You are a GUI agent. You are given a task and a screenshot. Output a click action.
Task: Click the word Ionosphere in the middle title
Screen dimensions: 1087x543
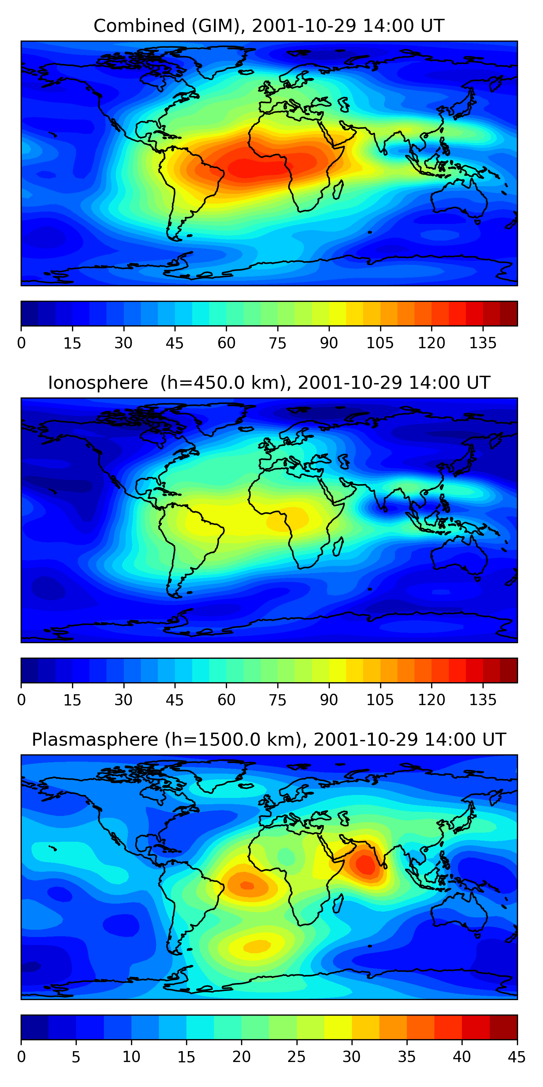(x=98, y=383)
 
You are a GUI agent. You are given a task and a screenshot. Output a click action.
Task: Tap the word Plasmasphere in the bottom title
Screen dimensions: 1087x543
(x=95, y=740)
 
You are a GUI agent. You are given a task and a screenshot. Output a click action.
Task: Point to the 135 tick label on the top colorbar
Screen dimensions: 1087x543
(x=483, y=343)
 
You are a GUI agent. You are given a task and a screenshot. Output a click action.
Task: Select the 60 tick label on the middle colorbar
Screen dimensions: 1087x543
(x=226, y=700)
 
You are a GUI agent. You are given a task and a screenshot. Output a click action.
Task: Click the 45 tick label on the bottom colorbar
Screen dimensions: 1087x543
(x=517, y=1057)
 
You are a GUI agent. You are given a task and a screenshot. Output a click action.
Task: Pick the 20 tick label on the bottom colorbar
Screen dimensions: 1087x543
(x=241, y=1057)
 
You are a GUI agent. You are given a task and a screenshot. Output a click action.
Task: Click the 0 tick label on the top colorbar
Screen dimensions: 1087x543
(x=21, y=343)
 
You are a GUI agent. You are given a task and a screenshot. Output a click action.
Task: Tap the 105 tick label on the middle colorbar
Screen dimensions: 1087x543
(x=380, y=700)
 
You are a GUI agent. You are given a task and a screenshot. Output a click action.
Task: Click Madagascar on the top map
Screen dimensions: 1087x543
(x=338, y=190)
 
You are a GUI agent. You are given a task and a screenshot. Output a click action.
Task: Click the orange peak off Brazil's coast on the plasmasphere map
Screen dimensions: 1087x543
(x=246, y=885)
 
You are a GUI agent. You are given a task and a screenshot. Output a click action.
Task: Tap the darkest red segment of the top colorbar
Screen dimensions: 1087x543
(x=509, y=313)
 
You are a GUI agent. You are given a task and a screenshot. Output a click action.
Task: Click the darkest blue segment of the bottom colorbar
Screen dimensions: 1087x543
(x=34, y=1027)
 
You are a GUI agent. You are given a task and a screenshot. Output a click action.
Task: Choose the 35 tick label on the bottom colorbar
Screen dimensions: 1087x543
(x=407, y=1057)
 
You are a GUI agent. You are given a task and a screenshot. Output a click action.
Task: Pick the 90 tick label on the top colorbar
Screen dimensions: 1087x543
(x=329, y=343)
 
